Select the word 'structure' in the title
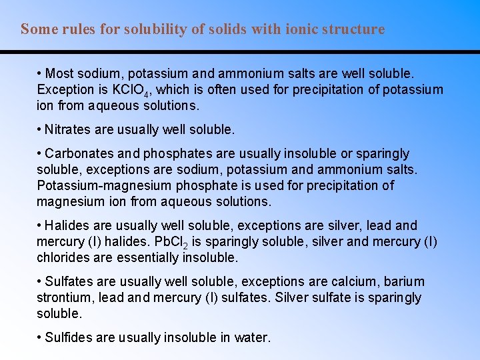353,29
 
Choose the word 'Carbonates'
81,153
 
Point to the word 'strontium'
64,297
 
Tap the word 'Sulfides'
69,337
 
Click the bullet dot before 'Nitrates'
40,129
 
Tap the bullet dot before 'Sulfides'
40,337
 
